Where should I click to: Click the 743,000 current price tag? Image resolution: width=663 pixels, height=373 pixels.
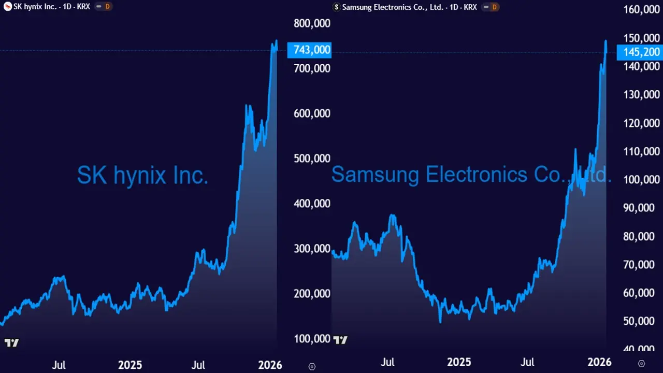click(x=309, y=50)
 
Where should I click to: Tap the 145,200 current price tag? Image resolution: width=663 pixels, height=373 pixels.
click(x=639, y=52)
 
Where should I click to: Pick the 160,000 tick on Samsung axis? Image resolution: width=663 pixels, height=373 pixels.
click(x=641, y=10)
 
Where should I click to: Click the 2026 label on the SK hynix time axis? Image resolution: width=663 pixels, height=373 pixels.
click(x=269, y=365)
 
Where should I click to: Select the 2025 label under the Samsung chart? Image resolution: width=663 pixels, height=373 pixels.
click(x=459, y=362)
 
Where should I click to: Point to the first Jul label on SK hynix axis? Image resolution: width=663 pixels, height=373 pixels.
click(x=59, y=365)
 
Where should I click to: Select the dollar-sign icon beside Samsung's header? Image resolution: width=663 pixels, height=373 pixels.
click(x=336, y=7)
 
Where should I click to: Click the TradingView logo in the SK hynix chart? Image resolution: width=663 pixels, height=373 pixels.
click(x=11, y=342)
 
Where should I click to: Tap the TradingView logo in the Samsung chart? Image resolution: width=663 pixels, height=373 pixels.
click(x=340, y=340)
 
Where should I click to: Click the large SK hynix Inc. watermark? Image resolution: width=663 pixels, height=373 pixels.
click(x=143, y=176)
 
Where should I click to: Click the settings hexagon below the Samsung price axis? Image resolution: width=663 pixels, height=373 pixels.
click(x=641, y=364)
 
